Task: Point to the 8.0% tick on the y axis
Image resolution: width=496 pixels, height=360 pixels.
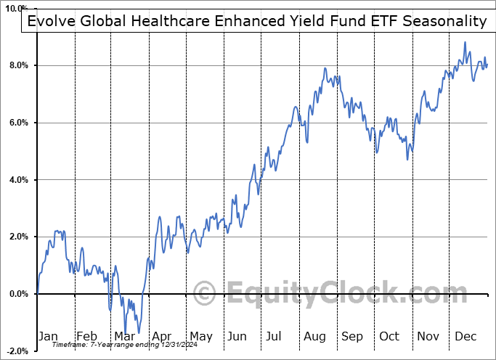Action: (x=18, y=66)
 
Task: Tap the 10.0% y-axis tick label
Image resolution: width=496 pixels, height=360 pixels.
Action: (x=17, y=9)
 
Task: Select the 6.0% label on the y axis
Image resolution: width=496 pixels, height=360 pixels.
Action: (x=18, y=123)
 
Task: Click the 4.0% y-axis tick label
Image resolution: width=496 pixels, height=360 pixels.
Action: (x=18, y=180)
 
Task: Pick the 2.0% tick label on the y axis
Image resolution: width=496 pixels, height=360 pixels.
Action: (x=18, y=237)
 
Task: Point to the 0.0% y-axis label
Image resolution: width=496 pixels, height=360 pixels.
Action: (x=18, y=294)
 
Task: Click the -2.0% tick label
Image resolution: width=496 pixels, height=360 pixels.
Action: (x=17, y=351)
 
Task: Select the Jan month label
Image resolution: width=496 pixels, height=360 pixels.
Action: (x=47, y=336)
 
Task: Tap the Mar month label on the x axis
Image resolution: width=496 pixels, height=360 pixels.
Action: (x=124, y=336)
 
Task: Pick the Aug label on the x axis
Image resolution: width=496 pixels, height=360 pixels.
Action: (x=314, y=336)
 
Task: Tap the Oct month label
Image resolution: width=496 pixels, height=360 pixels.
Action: (x=390, y=336)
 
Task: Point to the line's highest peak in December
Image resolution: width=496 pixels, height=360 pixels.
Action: (x=465, y=42)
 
